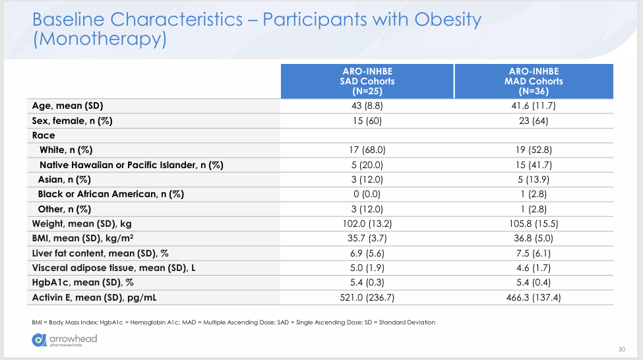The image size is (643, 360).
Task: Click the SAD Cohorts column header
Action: [367, 81]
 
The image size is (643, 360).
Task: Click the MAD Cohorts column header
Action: [534, 81]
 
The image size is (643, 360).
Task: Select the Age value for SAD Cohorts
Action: [367, 105]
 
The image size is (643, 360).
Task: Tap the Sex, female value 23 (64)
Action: [534, 121]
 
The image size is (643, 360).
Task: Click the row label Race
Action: [44, 135]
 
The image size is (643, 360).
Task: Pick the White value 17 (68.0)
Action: [367, 150]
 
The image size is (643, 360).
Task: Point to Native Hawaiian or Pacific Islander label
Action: [131, 165]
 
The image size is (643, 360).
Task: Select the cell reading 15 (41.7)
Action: [534, 165]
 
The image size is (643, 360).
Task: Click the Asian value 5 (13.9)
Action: [534, 179]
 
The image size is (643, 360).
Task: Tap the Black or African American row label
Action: [111, 194]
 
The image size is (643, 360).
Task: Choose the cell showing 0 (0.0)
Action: [367, 194]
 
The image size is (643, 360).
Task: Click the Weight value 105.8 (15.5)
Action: [534, 224]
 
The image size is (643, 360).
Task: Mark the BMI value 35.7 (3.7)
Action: [367, 238]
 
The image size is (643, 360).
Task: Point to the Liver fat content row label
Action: [100, 253]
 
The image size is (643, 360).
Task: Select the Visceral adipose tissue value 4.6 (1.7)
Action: [534, 268]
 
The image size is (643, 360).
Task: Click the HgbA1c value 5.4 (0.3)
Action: [367, 282]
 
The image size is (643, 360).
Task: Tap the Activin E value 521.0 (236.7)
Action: [367, 297]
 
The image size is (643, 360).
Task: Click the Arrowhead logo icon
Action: [40, 340]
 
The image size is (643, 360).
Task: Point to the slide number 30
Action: [622, 349]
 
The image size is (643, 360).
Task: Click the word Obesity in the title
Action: [448, 20]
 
